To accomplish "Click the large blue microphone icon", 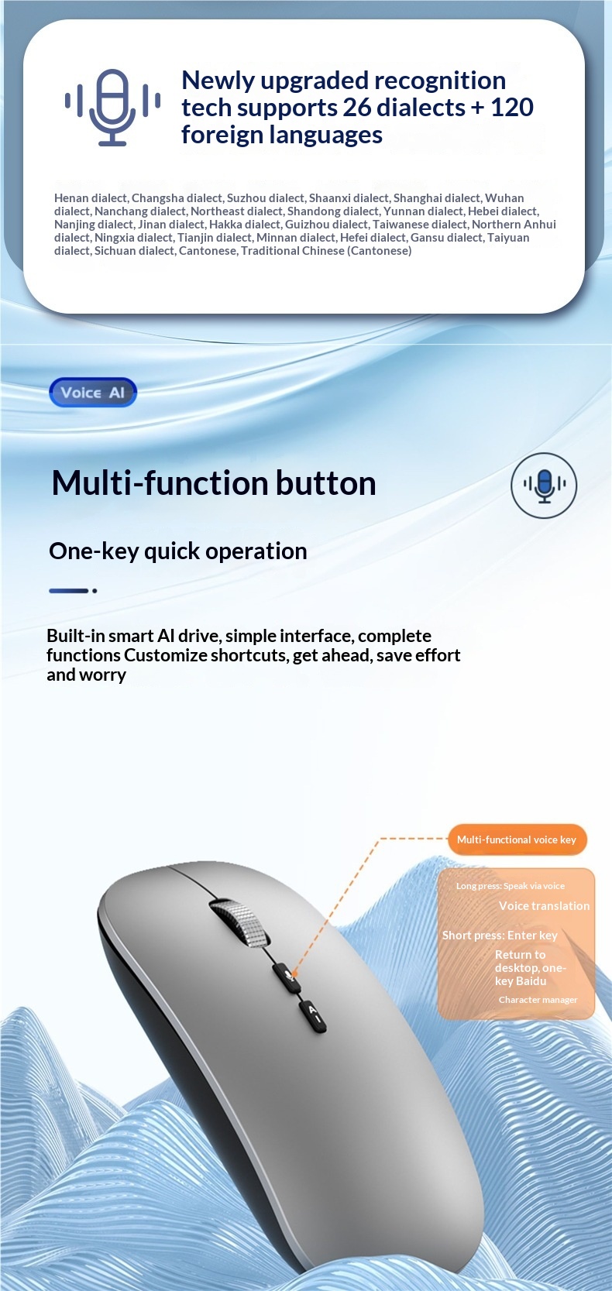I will (112, 107).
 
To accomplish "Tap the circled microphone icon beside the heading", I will (544, 486).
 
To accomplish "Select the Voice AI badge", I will (92, 393).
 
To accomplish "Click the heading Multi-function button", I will (214, 483).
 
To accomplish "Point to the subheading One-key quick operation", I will (178, 551).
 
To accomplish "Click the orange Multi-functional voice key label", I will (517, 839).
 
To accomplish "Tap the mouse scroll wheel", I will (240, 922).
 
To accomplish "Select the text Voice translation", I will (544, 906).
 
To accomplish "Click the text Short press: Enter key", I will (500, 936).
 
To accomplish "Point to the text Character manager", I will (538, 1000).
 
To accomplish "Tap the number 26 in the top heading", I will (358, 108).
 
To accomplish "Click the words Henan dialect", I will (91, 198).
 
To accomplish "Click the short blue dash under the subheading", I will (69, 591).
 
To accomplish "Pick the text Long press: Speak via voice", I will (511, 886).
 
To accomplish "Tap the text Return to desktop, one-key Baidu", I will (530, 968).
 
